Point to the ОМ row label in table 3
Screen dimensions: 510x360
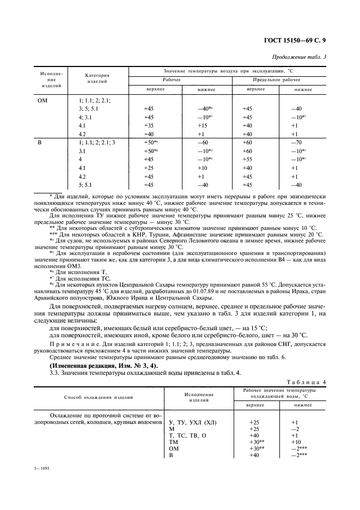[42, 100]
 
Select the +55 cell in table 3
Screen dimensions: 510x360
[247, 159]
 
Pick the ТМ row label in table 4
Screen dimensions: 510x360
[174, 442]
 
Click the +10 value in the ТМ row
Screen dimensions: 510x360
[295, 442]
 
